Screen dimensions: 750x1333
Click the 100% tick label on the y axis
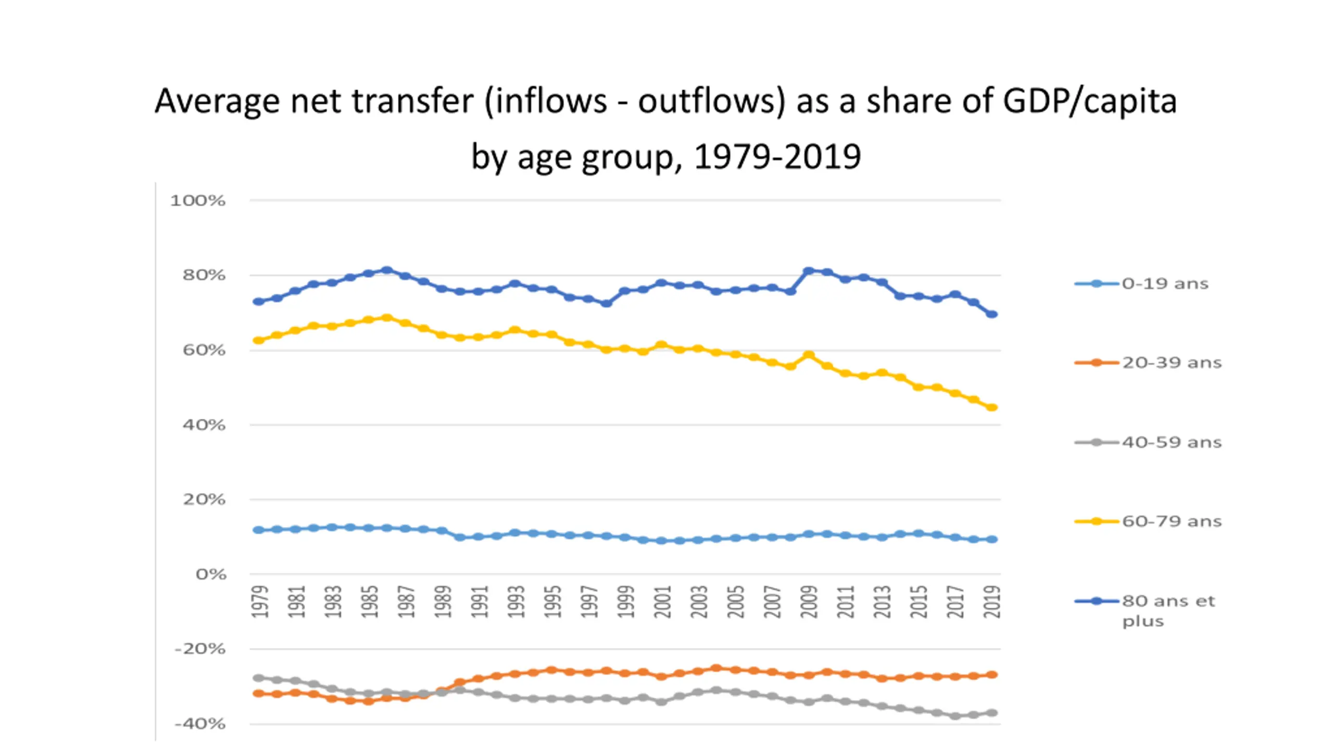198,201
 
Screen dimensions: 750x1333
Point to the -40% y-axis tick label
200,723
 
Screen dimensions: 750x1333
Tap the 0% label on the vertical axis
211,574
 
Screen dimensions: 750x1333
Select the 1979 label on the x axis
260,602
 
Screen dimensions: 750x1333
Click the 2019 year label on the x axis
992,602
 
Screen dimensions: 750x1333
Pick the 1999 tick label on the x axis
625,602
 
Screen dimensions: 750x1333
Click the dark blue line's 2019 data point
992,314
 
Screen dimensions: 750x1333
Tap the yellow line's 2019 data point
992,407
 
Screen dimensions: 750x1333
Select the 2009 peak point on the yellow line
809,355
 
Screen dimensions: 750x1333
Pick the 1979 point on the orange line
258,694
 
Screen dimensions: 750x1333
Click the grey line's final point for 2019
992,712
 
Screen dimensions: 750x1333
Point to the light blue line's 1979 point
258,530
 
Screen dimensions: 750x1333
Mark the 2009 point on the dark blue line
809,271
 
